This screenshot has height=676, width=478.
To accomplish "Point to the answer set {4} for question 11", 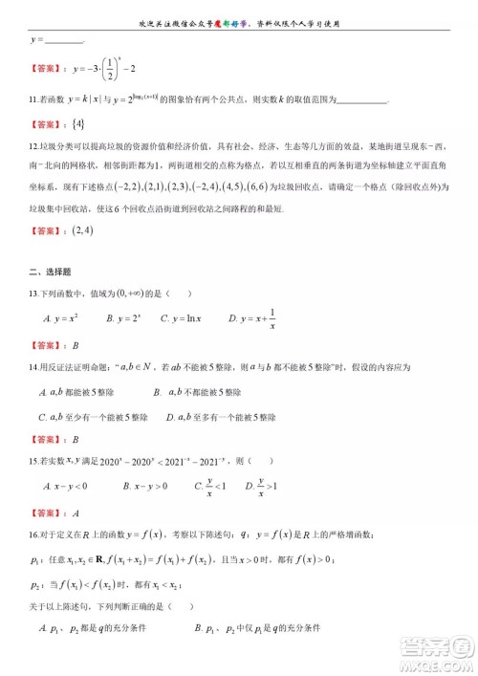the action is pyautogui.click(x=79, y=124).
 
